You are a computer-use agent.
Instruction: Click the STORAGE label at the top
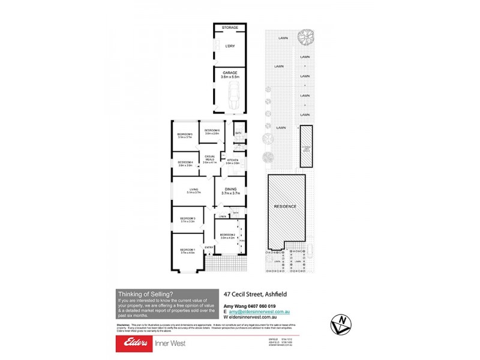point(230,28)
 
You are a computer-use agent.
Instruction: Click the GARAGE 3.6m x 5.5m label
point(230,75)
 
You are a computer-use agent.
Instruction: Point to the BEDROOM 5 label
point(184,135)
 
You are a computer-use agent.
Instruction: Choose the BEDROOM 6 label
point(212,132)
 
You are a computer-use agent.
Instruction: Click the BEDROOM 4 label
point(184,163)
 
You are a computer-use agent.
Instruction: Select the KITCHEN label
point(232,161)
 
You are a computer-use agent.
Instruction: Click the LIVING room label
point(193,191)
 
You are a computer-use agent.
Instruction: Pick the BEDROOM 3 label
point(188,220)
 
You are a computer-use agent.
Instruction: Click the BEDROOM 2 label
point(227,236)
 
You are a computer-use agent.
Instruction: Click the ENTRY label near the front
point(209,247)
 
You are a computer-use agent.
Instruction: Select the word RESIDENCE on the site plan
point(285,206)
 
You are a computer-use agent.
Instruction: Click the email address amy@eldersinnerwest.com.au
point(259,312)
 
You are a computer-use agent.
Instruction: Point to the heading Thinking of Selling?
point(145,293)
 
